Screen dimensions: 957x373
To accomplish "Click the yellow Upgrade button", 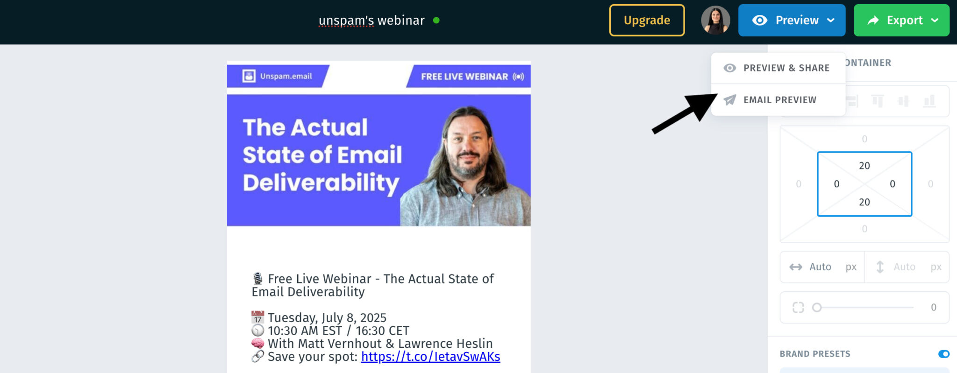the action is (647, 20).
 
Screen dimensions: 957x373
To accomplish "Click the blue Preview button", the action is (792, 20).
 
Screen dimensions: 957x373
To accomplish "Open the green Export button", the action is (901, 20).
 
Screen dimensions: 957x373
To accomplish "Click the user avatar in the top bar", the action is (715, 20).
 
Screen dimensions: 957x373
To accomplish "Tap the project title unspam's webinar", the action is (371, 21).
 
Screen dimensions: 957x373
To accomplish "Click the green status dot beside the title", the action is (436, 20).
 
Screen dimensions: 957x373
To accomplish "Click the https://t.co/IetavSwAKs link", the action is (430, 357).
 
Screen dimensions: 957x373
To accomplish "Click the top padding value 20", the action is (864, 166).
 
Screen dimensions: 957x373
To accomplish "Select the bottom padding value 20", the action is (864, 202).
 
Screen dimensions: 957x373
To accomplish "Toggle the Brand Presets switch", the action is (943, 354).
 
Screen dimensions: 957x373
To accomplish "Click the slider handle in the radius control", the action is (817, 307).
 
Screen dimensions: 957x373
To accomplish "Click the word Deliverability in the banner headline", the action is (321, 183).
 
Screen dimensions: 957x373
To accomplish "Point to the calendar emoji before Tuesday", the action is (257, 317).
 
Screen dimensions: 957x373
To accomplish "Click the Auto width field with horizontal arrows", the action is (822, 267).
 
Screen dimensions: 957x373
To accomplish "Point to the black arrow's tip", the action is (717, 94).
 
